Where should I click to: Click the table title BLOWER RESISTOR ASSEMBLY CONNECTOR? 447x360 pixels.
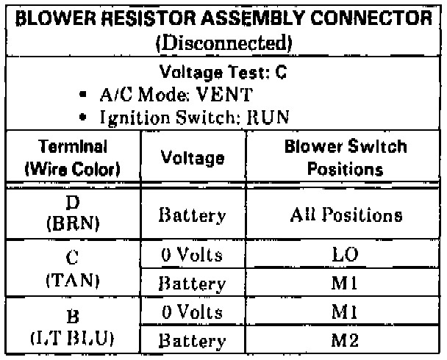coord(223,16)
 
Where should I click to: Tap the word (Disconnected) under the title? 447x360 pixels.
coord(223,42)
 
